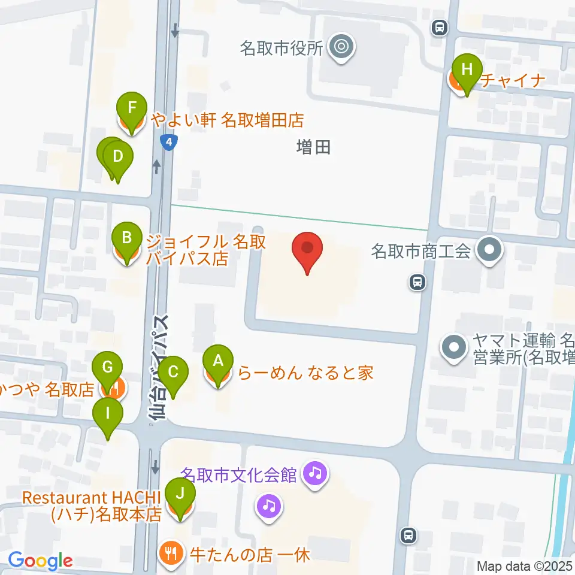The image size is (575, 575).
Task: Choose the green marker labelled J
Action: [x=180, y=495]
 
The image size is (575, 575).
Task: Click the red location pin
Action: [x=307, y=249]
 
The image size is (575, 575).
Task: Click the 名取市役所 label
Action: [x=281, y=48]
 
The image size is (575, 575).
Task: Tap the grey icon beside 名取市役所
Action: [x=343, y=46]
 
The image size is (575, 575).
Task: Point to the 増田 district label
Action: [x=313, y=147]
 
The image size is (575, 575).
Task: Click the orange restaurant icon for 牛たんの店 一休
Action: [x=171, y=553]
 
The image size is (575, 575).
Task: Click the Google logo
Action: [x=40, y=561]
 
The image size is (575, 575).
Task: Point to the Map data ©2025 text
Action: [x=525, y=566]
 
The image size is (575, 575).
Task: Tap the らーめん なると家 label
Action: [x=306, y=373]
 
